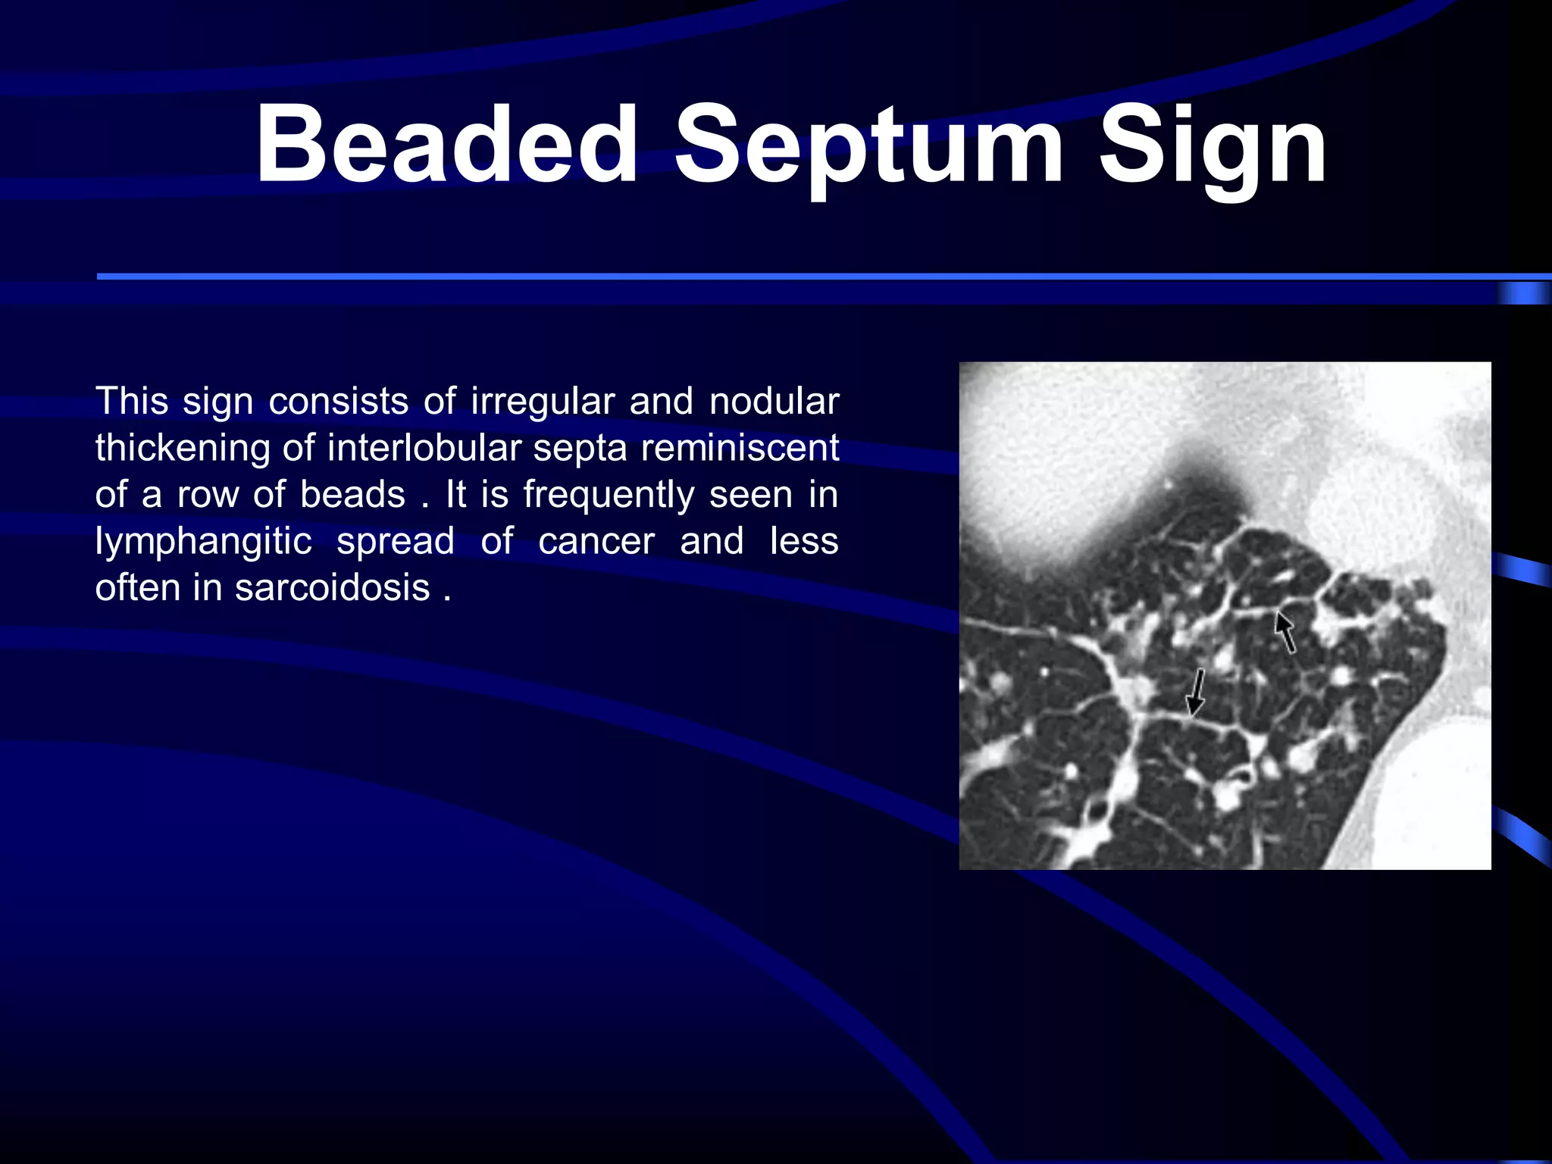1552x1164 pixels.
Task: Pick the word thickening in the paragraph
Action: [183, 449]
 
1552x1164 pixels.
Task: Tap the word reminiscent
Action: [740, 449]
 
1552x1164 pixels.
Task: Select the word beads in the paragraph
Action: [352, 495]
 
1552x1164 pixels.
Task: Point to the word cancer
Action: [596, 542]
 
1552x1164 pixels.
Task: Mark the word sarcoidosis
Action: [333, 588]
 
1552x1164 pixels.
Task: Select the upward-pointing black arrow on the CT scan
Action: [1284, 631]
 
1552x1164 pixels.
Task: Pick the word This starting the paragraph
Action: [131, 402]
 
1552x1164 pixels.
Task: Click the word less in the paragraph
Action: [804, 542]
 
